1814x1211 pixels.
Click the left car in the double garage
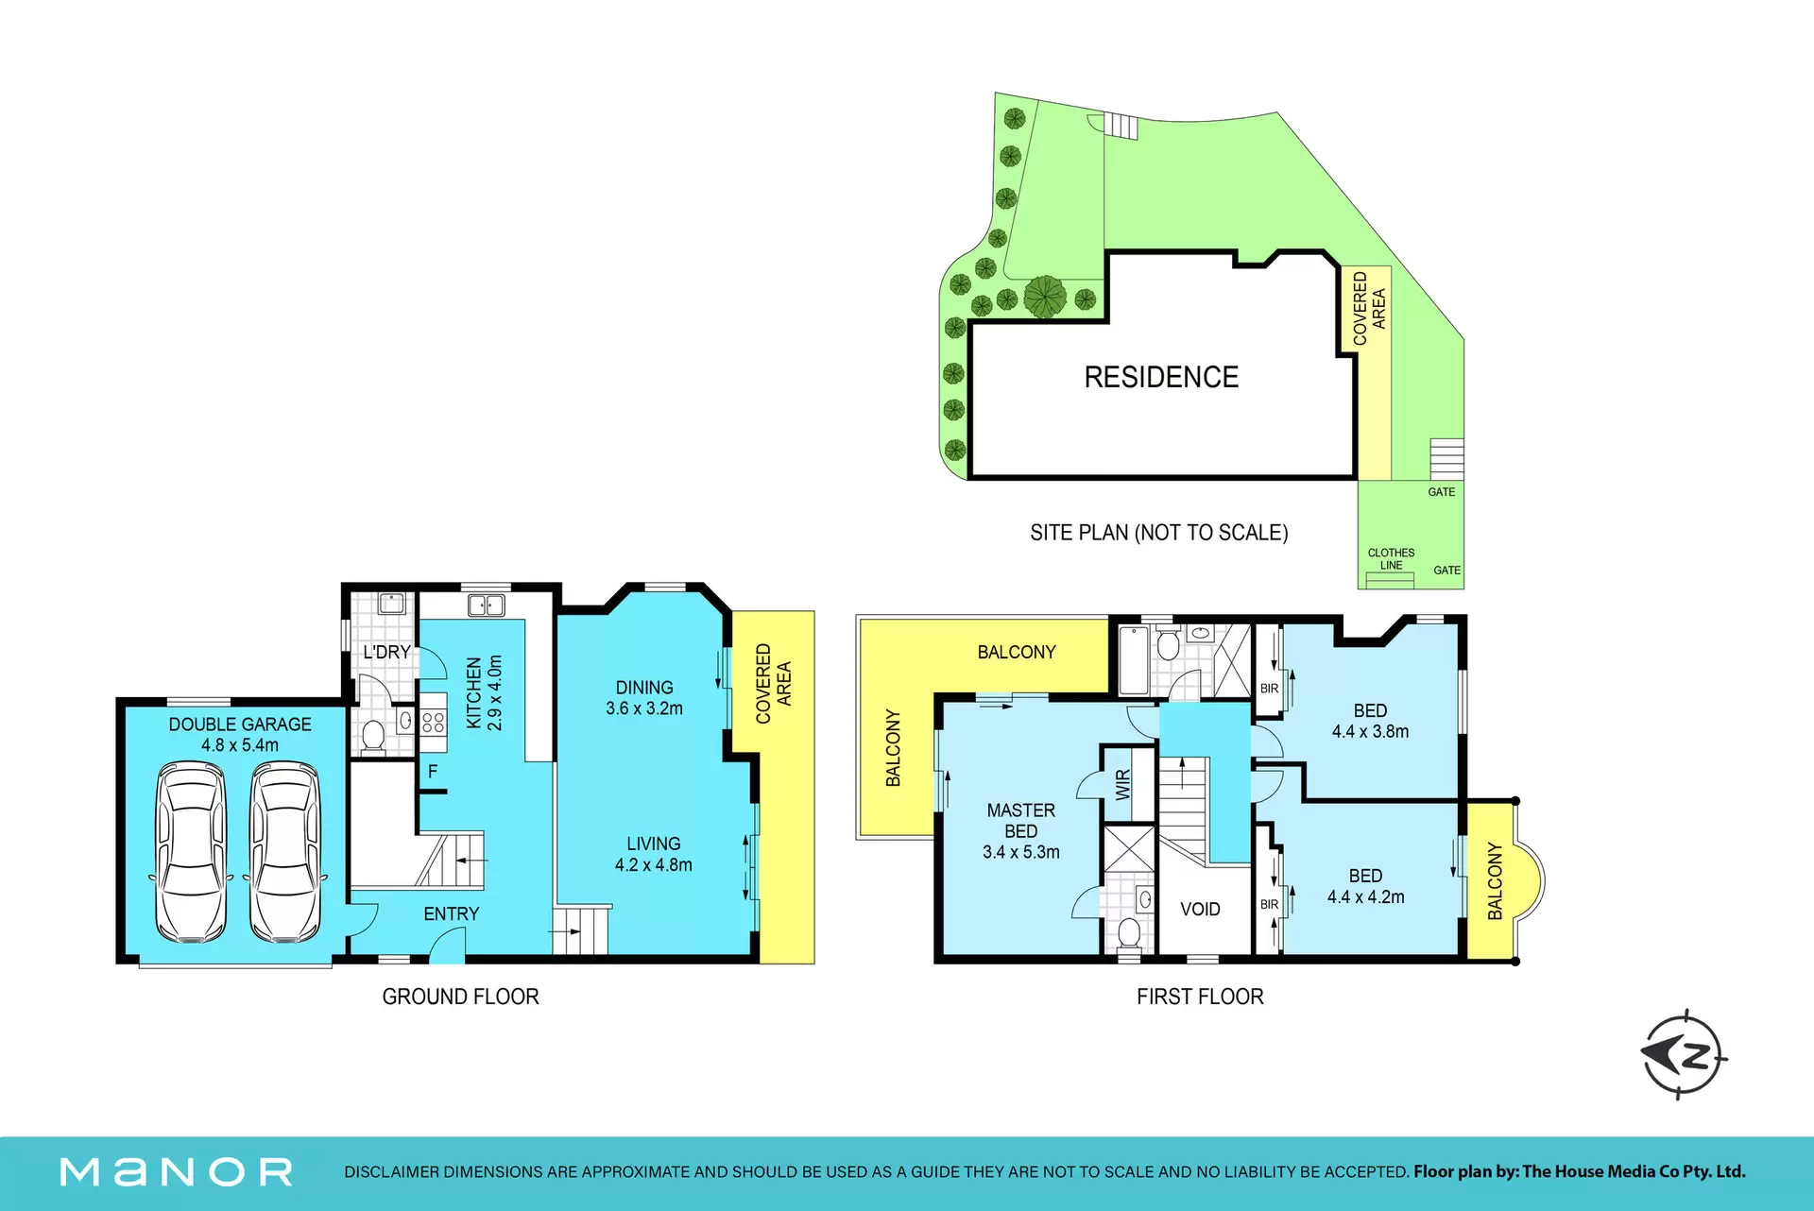(x=191, y=853)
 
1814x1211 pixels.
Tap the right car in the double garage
(x=285, y=853)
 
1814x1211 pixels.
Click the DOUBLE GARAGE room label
(x=240, y=734)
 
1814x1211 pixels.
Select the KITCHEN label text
(x=473, y=692)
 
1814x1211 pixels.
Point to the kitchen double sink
(x=487, y=605)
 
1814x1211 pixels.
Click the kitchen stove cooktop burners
(x=433, y=723)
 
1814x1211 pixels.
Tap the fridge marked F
(x=433, y=772)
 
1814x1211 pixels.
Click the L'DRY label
(x=386, y=652)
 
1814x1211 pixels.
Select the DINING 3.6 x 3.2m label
(x=644, y=698)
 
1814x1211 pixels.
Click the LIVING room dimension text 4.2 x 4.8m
(x=654, y=864)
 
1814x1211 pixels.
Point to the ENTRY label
(x=452, y=913)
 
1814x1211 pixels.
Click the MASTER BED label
(x=1021, y=821)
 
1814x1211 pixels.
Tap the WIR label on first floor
(x=1123, y=785)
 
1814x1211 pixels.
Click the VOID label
(x=1200, y=909)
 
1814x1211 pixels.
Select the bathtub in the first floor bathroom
(x=1133, y=658)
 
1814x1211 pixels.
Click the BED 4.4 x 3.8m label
(x=1370, y=721)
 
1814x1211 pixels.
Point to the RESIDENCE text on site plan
(x=1161, y=377)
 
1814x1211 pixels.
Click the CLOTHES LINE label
(x=1391, y=559)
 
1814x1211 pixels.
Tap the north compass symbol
(x=1685, y=1055)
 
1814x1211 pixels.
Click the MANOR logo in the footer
(x=177, y=1172)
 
